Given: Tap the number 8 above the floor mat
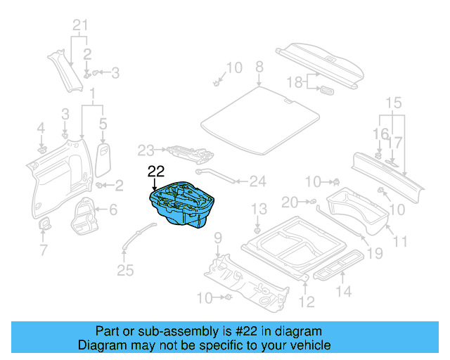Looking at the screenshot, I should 259,67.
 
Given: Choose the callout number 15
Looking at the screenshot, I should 393,103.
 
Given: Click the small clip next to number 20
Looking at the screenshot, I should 310,202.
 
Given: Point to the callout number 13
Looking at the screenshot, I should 259,208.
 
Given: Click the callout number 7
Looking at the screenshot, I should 43,250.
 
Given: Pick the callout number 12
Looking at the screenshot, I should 307,302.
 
